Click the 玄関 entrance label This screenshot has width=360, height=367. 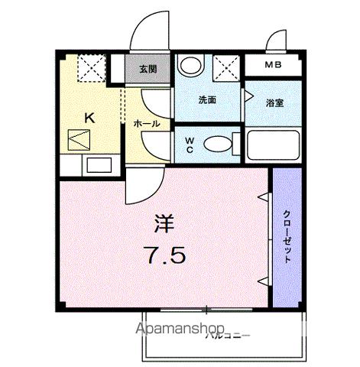[x=148, y=70]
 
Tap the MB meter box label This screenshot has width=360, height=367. [x=273, y=66]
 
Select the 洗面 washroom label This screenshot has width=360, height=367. [x=208, y=99]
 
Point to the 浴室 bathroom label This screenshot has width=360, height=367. [x=274, y=102]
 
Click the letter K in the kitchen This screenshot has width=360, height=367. [x=89, y=118]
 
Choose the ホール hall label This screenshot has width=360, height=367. [x=146, y=123]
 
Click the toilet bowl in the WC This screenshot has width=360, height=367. [x=219, y=144]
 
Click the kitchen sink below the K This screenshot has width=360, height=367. [x=98, y=164]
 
